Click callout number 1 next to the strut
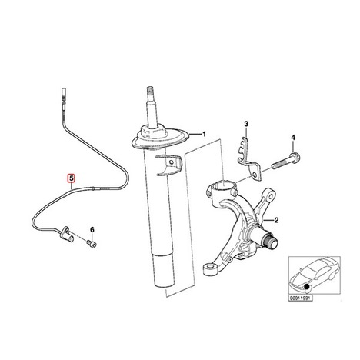204,134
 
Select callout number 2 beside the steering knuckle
276,220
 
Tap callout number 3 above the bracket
246,124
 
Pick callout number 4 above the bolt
293,138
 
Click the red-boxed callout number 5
71,178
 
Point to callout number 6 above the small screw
92,229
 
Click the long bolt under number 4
286,161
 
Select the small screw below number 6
92,243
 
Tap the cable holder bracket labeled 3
248,160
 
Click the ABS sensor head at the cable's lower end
66,234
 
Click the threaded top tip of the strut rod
150,92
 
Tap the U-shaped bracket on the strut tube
168,165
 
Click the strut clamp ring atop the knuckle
222,190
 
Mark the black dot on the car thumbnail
307,287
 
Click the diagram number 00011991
301,298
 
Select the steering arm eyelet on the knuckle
269,195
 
